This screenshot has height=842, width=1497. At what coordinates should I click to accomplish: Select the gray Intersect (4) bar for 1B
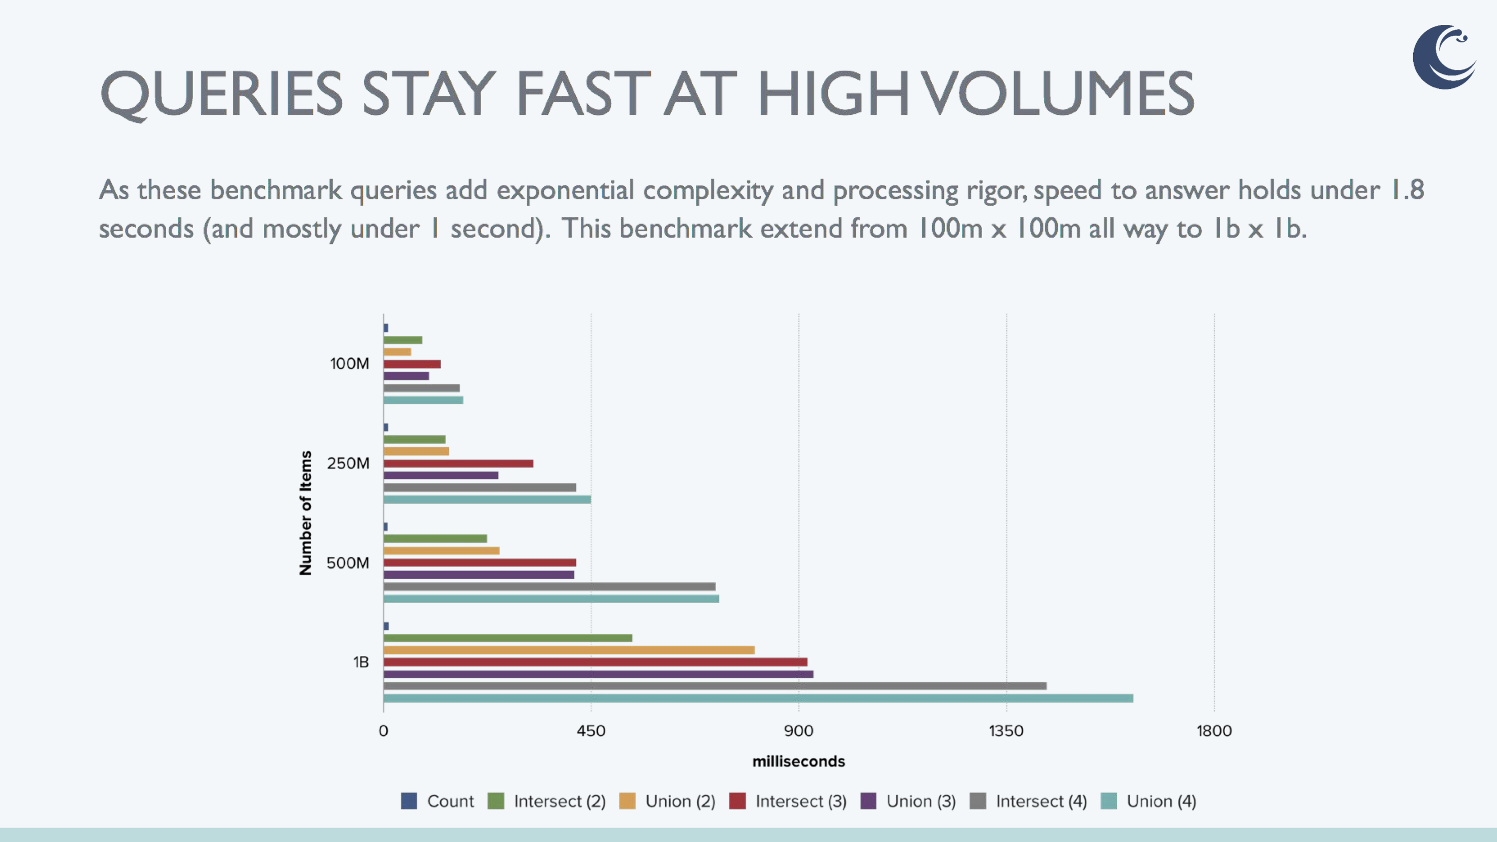pos(715,686)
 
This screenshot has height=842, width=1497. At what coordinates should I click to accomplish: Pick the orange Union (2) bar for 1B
pos(569,650)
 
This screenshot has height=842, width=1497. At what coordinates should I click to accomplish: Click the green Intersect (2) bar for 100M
pos(403,340)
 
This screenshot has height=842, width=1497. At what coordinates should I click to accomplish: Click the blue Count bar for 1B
pos(386,626)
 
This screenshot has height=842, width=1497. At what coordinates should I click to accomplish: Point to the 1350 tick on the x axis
pos(1006,730)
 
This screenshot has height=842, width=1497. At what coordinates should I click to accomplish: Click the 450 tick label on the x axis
pos(591,730)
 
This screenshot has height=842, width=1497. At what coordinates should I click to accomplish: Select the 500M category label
pos(347,562)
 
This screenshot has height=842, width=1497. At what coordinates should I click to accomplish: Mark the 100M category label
pos(349,363)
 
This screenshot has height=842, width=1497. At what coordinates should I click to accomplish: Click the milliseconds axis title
pos(798,761)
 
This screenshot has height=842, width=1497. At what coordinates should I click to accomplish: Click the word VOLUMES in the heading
pos(1058,93)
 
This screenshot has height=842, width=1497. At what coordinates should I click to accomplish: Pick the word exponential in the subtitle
pos(565,190)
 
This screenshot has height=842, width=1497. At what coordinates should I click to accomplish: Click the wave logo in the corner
pos(1444,57)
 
